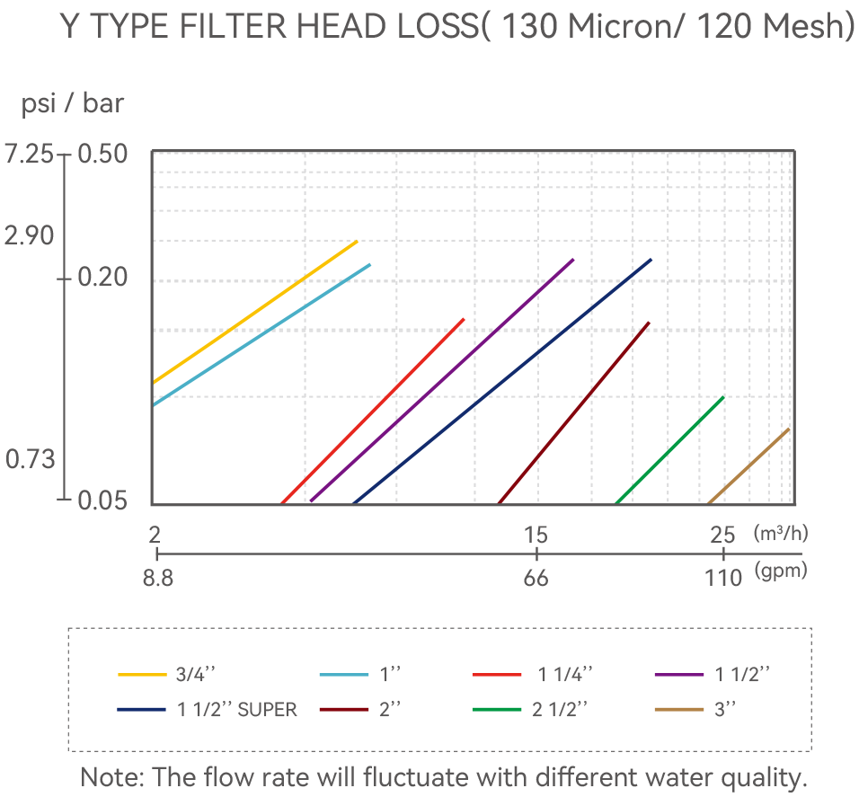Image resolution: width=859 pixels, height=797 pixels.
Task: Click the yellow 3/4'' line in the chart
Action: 255,312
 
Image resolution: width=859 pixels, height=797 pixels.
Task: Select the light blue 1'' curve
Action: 261,334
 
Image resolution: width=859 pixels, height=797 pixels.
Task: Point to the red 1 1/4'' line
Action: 373,411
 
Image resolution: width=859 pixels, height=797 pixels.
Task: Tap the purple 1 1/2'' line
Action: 442,379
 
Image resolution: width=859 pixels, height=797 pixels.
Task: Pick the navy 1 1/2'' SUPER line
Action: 502,381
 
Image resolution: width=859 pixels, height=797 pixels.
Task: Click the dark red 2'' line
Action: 574,413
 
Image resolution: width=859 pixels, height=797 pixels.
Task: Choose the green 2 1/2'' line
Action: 670,450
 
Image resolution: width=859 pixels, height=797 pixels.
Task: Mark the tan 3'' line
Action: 748,465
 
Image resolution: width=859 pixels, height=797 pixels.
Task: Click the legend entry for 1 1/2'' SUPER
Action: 207,710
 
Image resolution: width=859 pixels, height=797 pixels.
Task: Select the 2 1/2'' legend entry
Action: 530,710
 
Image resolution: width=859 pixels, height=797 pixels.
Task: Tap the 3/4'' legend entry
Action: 167,674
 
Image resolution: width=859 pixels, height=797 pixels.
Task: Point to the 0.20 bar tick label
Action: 102,277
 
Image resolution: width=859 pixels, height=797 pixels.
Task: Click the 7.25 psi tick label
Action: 29,154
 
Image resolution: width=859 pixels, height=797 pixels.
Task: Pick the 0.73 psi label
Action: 31,459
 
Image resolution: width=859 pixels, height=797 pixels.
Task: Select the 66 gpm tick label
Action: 536,578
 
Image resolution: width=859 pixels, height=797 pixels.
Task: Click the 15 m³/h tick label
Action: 536,535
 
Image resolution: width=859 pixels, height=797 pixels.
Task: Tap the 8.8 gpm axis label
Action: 158,578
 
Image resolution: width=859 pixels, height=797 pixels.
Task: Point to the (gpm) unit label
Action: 781,571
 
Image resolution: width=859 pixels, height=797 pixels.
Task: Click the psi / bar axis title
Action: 72,103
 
